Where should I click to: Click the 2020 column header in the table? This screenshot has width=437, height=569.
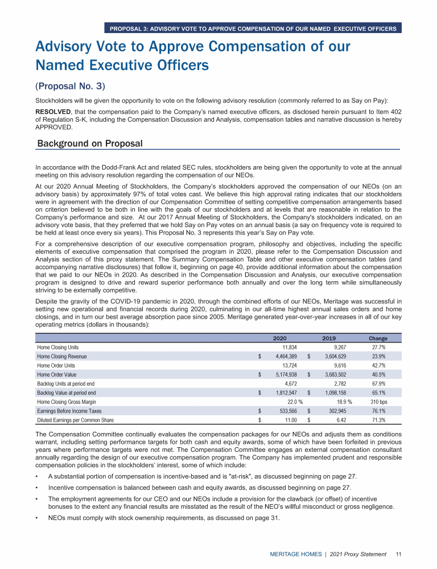pos(279,338)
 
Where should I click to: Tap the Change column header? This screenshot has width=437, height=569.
pos(378,338)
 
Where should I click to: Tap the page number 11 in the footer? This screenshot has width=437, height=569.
pos(399,553)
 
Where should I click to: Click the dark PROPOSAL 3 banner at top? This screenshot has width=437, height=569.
pos(253,28)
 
